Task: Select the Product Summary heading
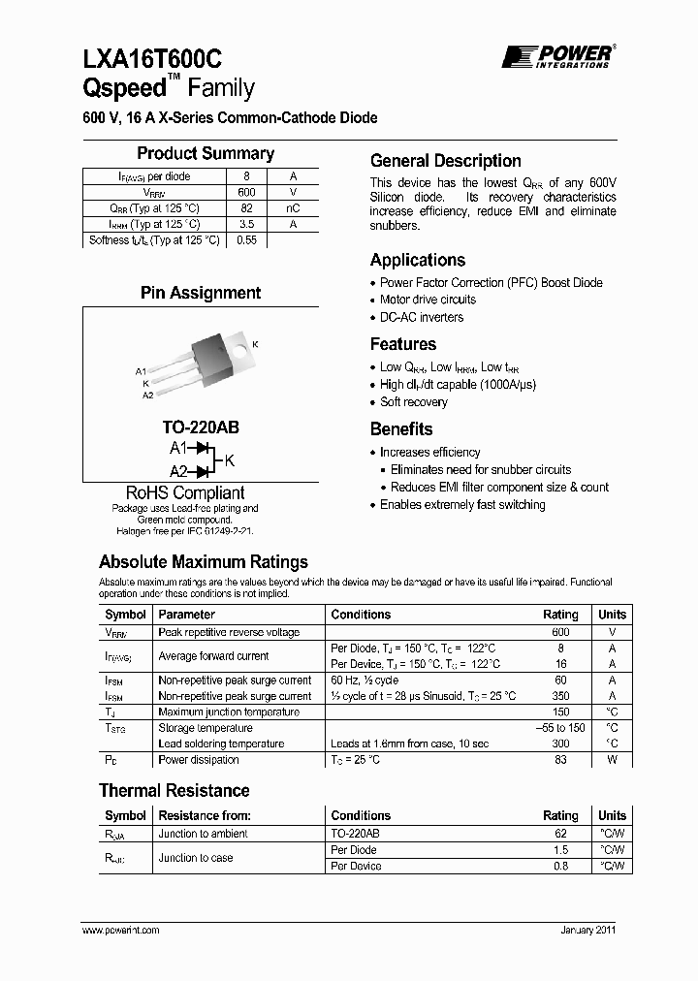(x=206, y=153)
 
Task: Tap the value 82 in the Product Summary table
(x=246, y=208)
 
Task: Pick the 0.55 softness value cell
(x=246, y=240)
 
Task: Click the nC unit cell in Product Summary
(x=293, y=208)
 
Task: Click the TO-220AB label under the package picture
(x=201, y=427)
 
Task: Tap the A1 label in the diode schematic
(x=178, y=448)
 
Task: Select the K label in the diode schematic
(x=230, y=459)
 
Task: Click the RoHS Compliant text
(x=185, y=492)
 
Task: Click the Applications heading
(x=418, y=260)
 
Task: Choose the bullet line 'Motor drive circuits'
(x=428, y=301)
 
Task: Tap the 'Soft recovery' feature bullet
(x=414, y=402)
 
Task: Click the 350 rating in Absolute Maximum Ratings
(x=560, y=696)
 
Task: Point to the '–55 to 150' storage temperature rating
(x=560, y=728)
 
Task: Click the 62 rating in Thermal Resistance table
(x=560, y=834)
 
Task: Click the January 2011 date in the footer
(x=587, y=930)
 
